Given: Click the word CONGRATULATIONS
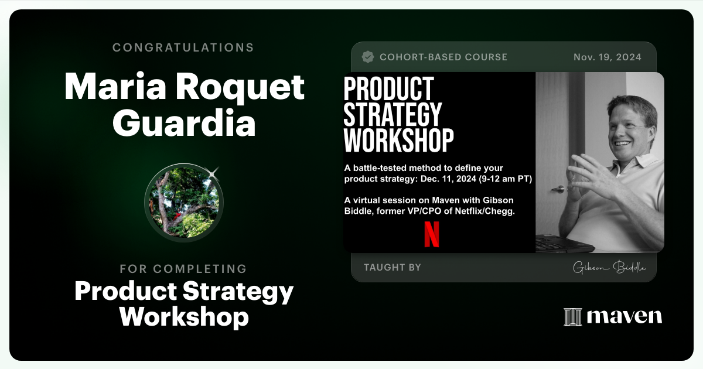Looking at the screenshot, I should tap(183, 47).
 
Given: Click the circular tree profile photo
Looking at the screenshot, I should tap(184, 202).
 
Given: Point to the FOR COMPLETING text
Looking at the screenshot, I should tap(183, 269).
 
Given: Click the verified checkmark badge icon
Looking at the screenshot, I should tap(368, 57).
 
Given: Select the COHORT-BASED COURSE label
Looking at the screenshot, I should tap(443, 57).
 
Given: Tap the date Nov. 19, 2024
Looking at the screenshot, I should tap(607, 57).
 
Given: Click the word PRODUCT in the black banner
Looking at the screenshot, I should tap(388, 89).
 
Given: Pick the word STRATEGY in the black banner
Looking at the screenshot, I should tap(392, 115).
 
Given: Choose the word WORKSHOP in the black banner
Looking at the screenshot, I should tap(398, 141).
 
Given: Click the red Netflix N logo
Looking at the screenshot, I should tap(432, 234).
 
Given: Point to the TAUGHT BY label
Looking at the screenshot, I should tap(392, 267).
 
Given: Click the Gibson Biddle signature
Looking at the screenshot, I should tap(609, 268).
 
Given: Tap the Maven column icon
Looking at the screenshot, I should tap(572, 317).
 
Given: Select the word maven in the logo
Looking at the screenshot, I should tap(624, 317).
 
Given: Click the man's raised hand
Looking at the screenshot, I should tap(586, 176).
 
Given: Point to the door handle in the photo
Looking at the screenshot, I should tap(559, 189).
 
